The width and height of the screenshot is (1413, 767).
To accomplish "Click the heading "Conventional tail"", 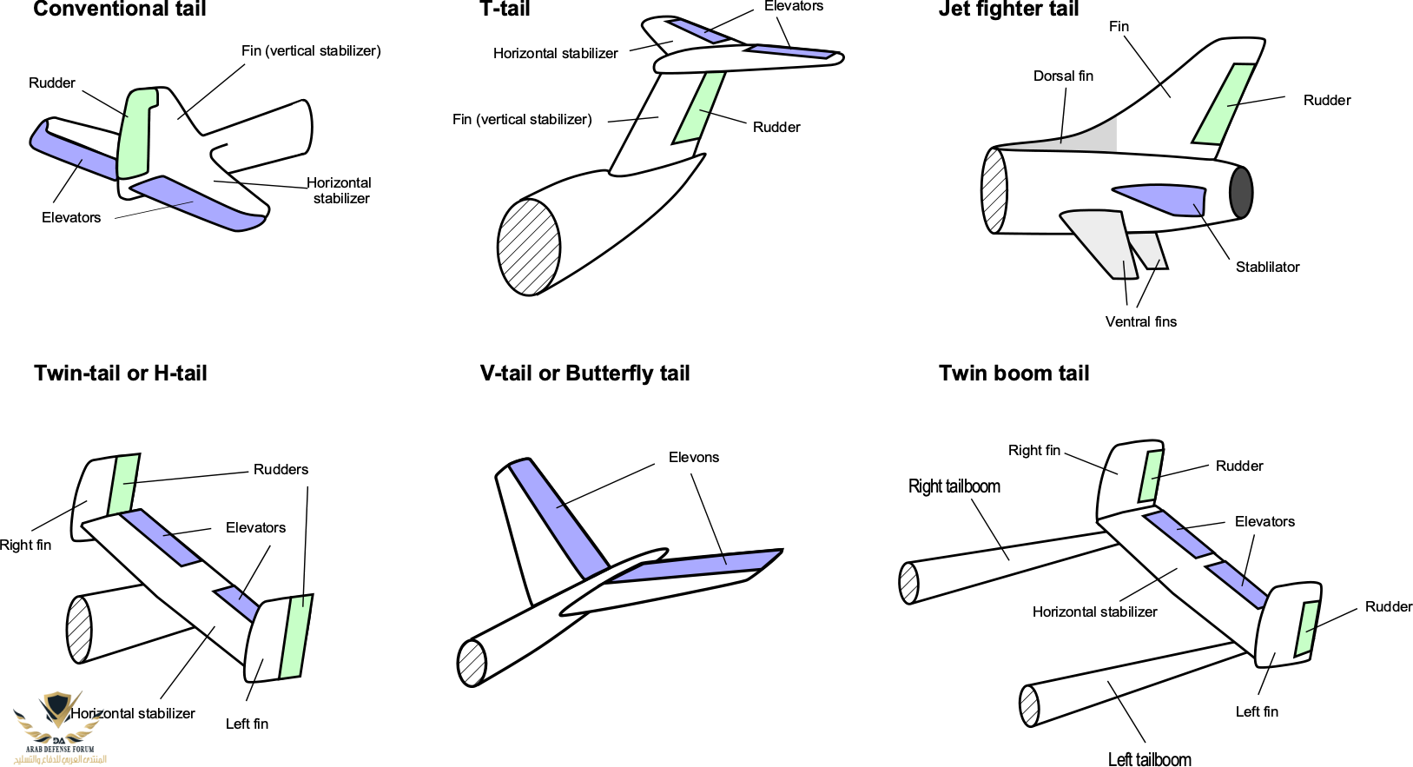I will click(x=120, y=10).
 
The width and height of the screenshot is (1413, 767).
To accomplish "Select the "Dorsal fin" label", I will click(x=1063, y=76).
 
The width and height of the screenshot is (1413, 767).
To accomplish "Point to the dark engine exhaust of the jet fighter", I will click(x=1241, y=192).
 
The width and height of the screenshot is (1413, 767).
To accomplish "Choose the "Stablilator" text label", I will click(x=1267, y=268).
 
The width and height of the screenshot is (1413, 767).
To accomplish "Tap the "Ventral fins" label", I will click(x=1140, y=322).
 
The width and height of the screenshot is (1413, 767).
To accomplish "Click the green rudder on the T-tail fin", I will click(x=700, y=109).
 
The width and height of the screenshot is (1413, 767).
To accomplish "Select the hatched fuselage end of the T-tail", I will click(x=528, y=247).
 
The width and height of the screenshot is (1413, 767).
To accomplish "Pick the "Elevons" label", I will click(x=694, y=458).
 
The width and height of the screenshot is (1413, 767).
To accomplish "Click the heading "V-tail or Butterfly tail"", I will click(x=584, y=374).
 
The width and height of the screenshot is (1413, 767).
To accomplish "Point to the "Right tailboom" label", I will click(x=954, y=486).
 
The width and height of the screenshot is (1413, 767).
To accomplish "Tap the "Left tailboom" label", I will click(x=1149, y=759).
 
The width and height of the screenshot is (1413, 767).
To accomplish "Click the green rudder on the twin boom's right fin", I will click(x=1152, y=476).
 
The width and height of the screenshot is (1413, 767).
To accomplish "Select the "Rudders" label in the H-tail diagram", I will click(x=281, y=470).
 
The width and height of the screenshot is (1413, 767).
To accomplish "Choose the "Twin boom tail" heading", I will click(x=1014, y=374).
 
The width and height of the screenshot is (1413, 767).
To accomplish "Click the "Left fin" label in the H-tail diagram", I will click(x=247, y=724).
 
